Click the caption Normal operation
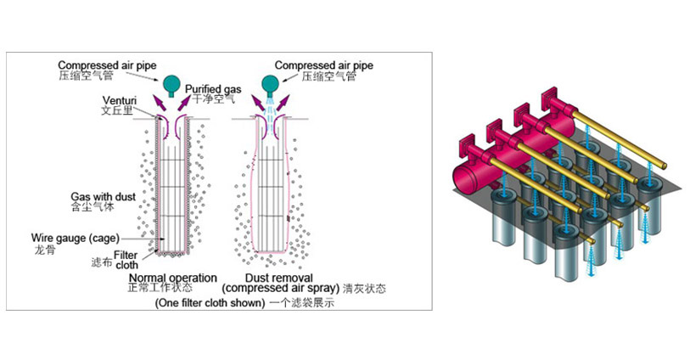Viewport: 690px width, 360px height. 172,278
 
